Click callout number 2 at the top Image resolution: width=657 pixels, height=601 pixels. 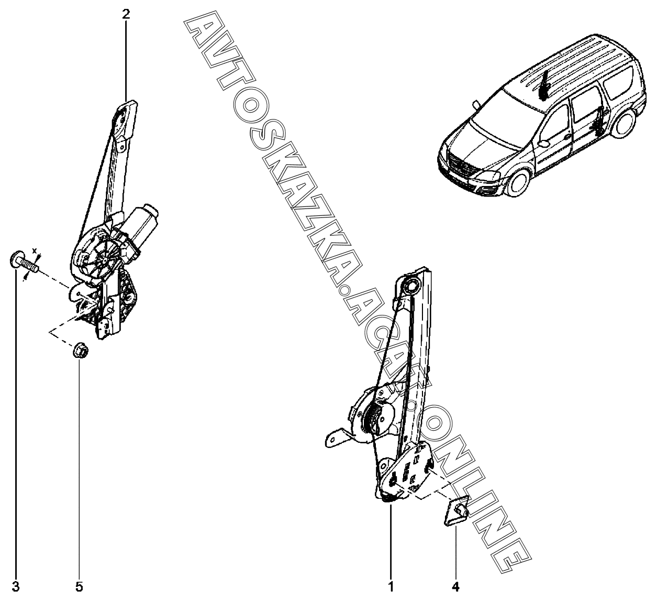(x=126, y=15)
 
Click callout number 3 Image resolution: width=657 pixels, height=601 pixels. (x=15, y=586)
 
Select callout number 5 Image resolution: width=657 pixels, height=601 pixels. (x=79, y=586)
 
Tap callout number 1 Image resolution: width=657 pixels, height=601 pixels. (x=391, y=586)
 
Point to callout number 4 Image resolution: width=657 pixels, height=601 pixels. (x=455, y=586)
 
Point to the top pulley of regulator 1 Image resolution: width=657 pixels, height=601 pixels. (x=410, y=286)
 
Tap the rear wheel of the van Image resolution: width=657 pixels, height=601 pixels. (x=625, y=122)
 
